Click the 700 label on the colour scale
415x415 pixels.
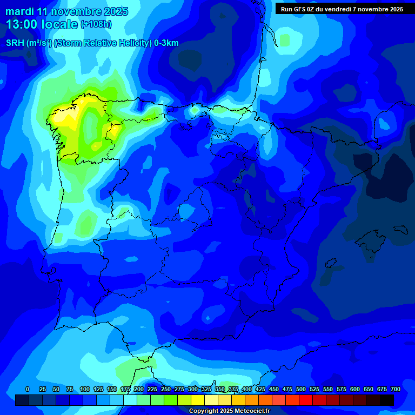pos(396,389)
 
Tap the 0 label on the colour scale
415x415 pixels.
pos(28,389)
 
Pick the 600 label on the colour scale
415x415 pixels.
pos(355,389)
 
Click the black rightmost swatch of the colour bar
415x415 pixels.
pos(387,400)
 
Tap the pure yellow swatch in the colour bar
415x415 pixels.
pos(198,400)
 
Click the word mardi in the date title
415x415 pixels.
pos(20,11)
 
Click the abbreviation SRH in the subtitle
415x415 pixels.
pos(15,43)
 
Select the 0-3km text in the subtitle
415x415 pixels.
pos(166,43)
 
